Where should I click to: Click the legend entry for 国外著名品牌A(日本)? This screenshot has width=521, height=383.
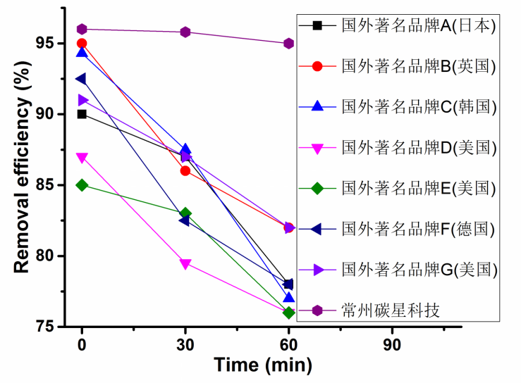(x=399, y=26)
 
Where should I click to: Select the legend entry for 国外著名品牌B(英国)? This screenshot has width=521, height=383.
(x=399, y=67)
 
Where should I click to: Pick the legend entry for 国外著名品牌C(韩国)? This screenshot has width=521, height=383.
(x=399, y=107)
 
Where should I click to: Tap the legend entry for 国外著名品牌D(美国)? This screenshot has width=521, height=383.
(x=399, y=148)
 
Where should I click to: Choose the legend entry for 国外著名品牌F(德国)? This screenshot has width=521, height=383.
(x=399, y=229)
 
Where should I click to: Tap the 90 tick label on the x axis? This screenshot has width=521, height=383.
(x=392, y=345)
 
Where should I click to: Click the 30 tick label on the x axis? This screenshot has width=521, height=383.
(x=185, y=345)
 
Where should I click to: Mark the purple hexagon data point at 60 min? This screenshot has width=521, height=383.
(x=288, y=44)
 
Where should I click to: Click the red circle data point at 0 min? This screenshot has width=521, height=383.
(x=82, y=44)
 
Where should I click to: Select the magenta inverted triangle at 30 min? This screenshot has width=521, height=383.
(x=185, y=264)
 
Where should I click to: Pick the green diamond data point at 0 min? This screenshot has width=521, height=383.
(x=82, y=185)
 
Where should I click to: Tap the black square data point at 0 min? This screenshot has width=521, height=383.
(x=82, y=114)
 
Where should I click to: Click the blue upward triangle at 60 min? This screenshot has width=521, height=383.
(x=288, y=298)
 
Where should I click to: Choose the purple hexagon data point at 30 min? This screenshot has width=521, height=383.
(x=185, y=32)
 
